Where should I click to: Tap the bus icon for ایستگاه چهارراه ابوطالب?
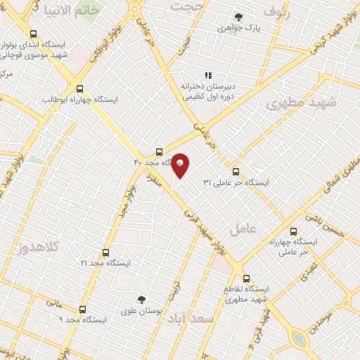(80, 89)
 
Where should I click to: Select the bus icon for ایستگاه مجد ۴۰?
(159, 152)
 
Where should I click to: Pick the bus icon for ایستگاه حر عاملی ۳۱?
(235, 172)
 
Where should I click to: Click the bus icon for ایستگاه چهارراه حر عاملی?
(293, 231)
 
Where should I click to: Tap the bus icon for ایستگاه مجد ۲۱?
(105, 252)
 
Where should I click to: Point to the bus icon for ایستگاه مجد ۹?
(82, 309)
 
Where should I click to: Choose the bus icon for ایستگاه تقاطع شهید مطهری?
(245, 278)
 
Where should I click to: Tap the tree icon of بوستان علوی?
(141, 300)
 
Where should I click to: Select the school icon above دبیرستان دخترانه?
(207, 75)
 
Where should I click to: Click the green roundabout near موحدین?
(300, 340)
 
